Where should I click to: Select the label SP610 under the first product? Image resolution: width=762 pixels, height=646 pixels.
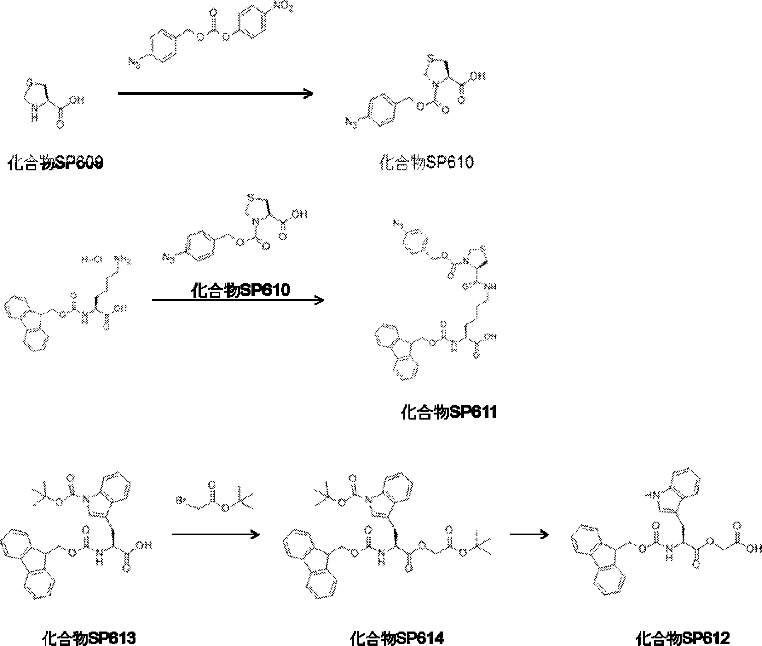point(426,162)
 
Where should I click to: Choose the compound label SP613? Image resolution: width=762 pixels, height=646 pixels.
point(89,637)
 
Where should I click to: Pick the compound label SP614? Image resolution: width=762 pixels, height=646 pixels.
point(397,637)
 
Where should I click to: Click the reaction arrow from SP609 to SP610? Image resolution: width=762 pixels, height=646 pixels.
point(215,94)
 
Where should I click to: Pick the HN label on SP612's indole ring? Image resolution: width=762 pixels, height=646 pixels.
point(650,495)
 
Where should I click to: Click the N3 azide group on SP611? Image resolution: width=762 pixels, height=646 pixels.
point(399,223)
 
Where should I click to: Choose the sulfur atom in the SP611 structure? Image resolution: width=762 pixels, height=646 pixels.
point(483,249)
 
